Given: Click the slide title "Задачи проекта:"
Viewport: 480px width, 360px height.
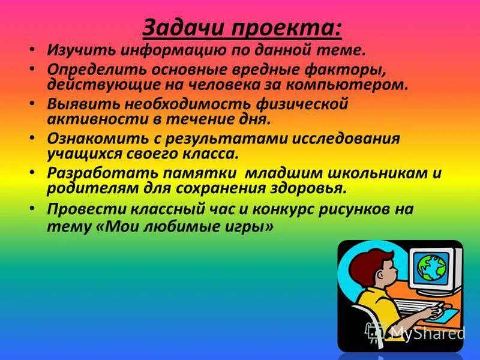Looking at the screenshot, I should pyautogui.click(x=242, y=28).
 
